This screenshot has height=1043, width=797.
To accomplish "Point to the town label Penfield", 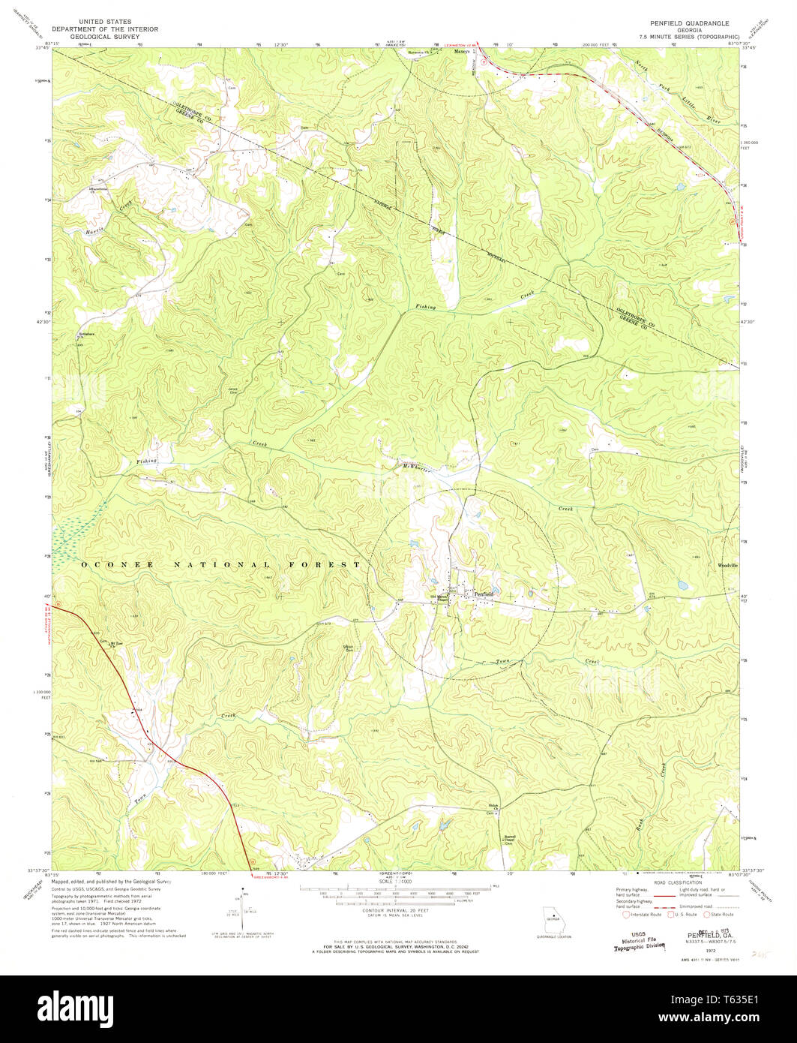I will click(x=484, y=593).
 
